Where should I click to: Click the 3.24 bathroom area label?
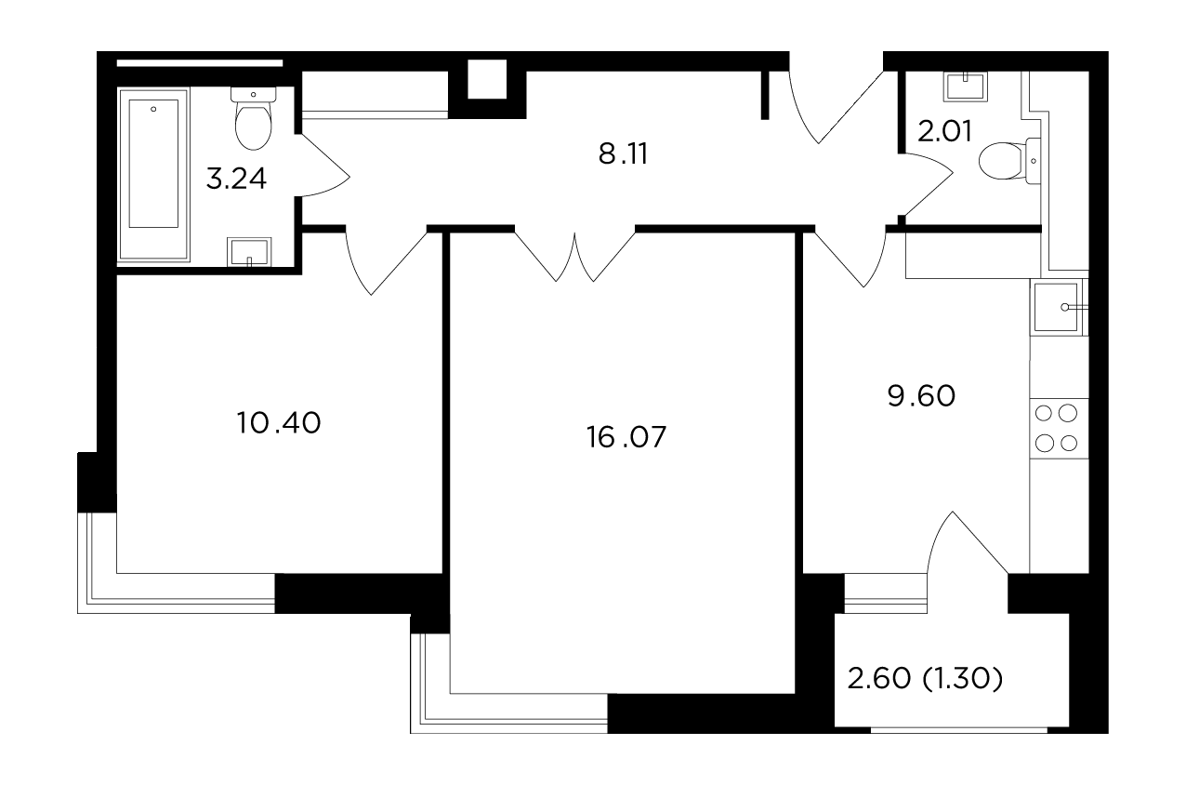tap(236, 179)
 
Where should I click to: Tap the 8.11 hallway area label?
tap(623, 154)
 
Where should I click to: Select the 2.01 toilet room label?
tap(944, 131)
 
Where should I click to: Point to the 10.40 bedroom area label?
tap(279, 423)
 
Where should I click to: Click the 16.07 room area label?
tap(626, 437)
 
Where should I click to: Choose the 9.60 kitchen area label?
tap(921, 396)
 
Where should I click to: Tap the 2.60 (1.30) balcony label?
tap(925, 679)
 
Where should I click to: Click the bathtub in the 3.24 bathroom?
tap(153, 176)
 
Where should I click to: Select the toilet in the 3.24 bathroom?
tap(253, 118)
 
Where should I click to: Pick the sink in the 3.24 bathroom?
tap(249, 252)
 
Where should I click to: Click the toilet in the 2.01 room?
tap(1009, 161)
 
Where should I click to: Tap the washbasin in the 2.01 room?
tap(965, 86)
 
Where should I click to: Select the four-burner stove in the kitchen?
tap(1059, 428)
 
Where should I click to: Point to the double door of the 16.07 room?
tap(575, 257)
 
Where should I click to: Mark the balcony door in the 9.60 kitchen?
tap(967, 542)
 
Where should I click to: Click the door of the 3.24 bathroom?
tap(325, 166)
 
